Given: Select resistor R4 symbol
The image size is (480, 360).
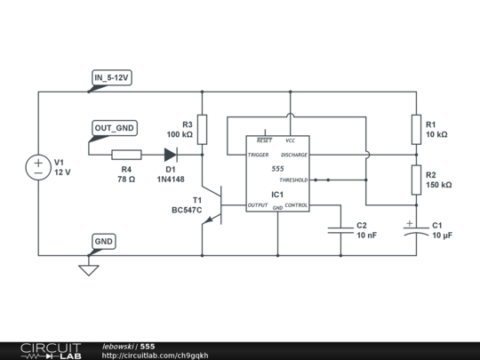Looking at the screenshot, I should click(126, 154).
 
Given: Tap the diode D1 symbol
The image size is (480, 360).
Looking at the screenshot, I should click(170, 154).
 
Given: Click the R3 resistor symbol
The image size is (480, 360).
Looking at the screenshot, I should click(203, 130).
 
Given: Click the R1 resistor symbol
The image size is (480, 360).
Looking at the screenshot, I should click(414, 130).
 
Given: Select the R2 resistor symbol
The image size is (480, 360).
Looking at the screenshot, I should click(414, 180).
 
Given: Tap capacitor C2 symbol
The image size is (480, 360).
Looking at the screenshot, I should click(340, 230).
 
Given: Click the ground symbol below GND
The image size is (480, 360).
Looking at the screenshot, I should click(87, 268).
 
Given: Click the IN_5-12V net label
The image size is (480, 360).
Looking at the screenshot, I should click(112, 78).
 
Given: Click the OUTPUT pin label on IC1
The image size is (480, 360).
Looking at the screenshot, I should click(259, 205).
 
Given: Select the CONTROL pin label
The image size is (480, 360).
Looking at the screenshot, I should click(296, 205).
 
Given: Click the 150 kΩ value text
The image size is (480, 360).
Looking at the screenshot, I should click(438, 186).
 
